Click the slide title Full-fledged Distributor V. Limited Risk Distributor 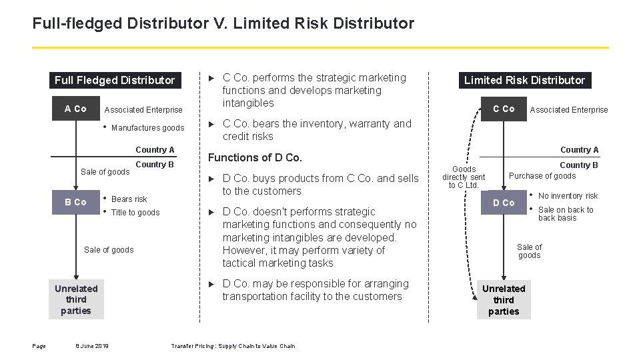pos(223,24)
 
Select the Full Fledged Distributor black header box pos(115,81)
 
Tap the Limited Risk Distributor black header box pos(524,81)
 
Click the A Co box pos(75,109)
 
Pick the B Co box pos(75,202)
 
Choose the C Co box pos(504,109)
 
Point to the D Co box pos(504,203)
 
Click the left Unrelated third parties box pos(76,299)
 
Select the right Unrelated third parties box pos(504,299)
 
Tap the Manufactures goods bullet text pos(147,128)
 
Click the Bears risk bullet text pos(129,199)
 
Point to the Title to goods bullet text pos(135,213)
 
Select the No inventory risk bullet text pos(568,196)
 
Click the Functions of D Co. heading pos(255,158)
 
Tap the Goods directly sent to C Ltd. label pos(464,177)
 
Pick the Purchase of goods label pos(542,176)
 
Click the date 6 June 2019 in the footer pos(93,346)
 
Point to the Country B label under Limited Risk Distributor pos(578,165)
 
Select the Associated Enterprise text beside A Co pos(143,110)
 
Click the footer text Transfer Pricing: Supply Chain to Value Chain pos(233,346)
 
